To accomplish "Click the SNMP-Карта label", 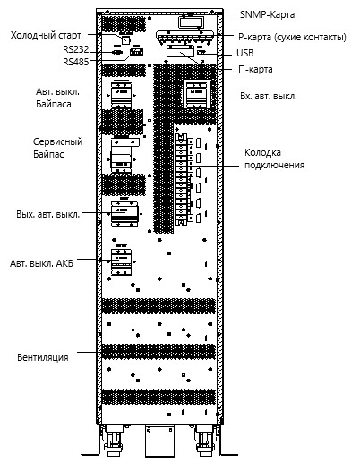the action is [x=267, y=14].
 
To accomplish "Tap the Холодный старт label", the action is [x=46, y=36].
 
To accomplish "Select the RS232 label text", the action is [x=76, y=49].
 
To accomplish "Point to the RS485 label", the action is [x=76, y=62].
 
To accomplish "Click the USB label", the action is [x=245, y=53].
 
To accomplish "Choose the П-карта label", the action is [x=255, y=69].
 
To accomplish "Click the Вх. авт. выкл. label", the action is [x=269, y=97].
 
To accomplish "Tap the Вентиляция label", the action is [x=43, y=357].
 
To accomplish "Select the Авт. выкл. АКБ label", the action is [x=42, y=263].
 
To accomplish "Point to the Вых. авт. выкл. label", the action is [x=48, y=215].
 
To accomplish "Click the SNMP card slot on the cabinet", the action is [x=191, y=22].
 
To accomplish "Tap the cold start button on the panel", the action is [x=126, y=39].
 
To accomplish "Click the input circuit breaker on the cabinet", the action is [x=197, y=94].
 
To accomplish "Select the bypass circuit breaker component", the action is [x=122, y=94].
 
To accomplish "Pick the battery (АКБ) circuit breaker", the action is [x=122, y=261].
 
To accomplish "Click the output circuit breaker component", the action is [x=124, y=214].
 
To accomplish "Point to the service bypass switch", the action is [x=123, y=155].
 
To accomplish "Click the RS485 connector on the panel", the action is [x=136, y=52].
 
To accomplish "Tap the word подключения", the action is [x=274, y=166].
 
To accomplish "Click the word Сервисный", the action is [x=57, y=141].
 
